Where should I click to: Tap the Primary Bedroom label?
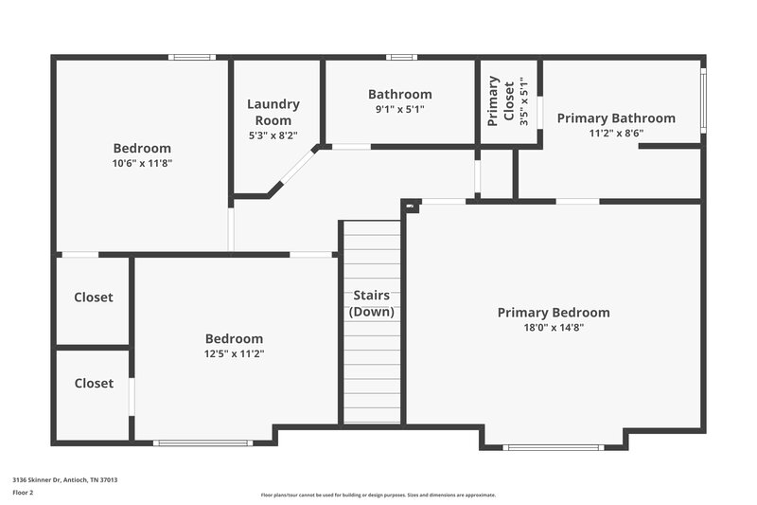pyautogui.click(x=554, y=313)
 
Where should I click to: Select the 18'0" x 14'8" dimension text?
pyautogui.click(x=554, y=328)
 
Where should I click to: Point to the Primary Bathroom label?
pyautogui.click(x=616, y=118)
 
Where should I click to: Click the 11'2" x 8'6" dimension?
pyautogui.click(x=616, y=134)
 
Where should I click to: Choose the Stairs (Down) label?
pyautogui.click(x=372, y=303)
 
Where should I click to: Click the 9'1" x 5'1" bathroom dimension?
pyautogui.click(x=399, y=109)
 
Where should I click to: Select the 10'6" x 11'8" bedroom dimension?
pyautogui.click(x=142, y=163)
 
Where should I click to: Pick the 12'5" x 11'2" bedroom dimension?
pyautogui.click(x=234, y=353)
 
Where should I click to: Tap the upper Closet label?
pyautogui.click(x=94, y=298)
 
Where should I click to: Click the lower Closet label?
pyautogui.click(x=94, y=384)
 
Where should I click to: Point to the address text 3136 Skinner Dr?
pyautogui.click(x=64, y=479)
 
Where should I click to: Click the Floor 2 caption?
pyautogui.click(x=23, y=493)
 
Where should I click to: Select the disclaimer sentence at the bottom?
pyautogui.click(x=378, y=495)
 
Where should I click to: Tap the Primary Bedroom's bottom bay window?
pyautogui.click(x=553, y=447)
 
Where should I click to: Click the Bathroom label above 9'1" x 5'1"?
pyautogui.click(x=399, y=95)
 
